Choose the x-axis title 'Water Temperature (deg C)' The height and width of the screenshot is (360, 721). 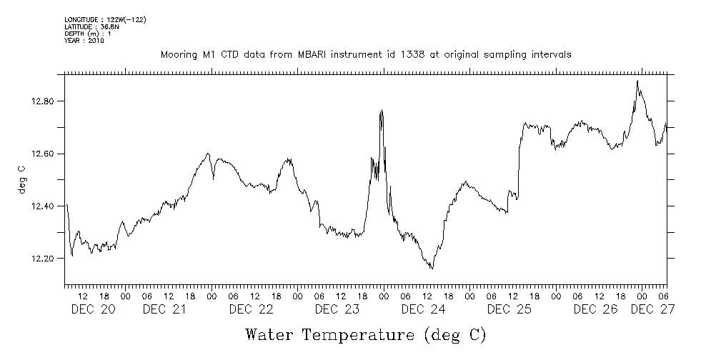(365, 334)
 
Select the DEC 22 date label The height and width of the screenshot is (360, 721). (252, 309)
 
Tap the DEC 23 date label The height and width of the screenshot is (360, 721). (337, 309)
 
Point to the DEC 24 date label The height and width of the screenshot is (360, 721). (424, 309)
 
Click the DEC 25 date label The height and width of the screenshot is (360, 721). (509, 309)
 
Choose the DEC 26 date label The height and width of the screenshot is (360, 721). (596, 309)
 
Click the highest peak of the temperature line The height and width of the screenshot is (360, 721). (637, 81)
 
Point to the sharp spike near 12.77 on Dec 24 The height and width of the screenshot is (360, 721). (382, 110)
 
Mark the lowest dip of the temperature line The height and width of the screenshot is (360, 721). (432, 269)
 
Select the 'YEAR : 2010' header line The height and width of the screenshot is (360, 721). (84, 41)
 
